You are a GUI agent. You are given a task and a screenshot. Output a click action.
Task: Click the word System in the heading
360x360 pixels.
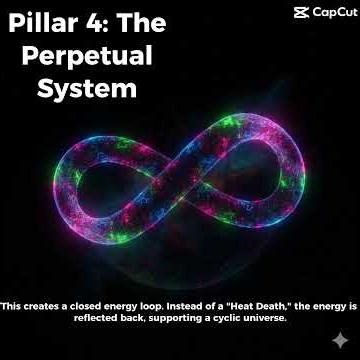click(86, 88)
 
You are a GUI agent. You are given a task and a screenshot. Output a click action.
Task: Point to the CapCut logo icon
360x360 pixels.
click(301, 12)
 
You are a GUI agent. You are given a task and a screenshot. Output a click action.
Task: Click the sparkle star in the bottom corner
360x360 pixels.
click(344, 344)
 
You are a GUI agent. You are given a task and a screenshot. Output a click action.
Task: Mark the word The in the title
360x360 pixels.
click(137, 22)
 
